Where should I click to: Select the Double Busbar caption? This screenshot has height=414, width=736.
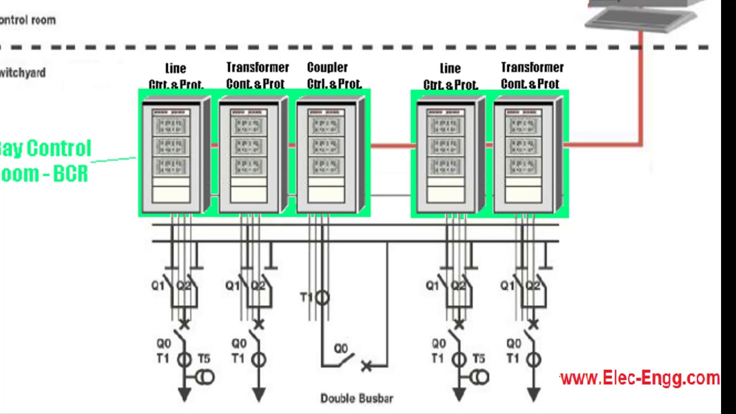tap(356, 398)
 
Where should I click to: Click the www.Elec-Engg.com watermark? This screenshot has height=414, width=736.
tap(639, 378)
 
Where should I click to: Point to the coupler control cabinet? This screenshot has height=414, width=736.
tap(330, 155)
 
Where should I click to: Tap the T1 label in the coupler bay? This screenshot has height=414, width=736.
tap(306, 297)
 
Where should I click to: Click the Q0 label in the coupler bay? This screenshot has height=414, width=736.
tap(340, 348)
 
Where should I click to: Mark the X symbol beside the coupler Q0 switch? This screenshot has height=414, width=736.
tap(366, 366)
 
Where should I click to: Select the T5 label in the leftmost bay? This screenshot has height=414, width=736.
tap(204, 359)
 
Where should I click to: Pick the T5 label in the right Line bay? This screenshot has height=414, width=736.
tap(478, 359)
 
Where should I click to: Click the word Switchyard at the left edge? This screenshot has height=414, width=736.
tap(23, 73)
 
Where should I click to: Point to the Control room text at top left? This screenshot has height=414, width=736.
tap(28, 20)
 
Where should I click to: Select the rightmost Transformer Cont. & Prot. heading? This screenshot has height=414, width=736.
tap(531, 76)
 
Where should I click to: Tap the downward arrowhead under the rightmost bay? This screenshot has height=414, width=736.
tap(533, 394)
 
